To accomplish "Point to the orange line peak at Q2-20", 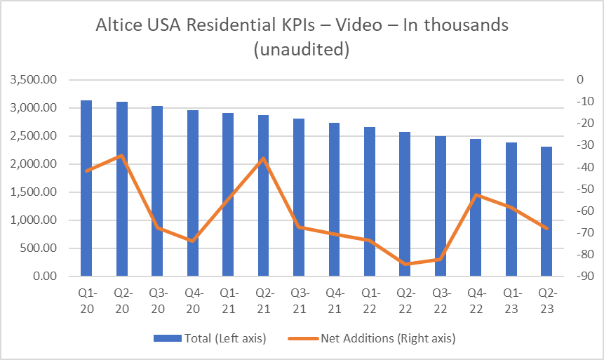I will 121,155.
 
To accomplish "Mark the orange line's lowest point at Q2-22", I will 405,264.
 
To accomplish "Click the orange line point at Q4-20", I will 193,241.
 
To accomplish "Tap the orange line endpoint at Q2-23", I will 546,227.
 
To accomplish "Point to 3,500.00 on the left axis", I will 35,80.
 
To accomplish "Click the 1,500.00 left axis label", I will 35,192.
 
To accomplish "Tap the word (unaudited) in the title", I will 302,51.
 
